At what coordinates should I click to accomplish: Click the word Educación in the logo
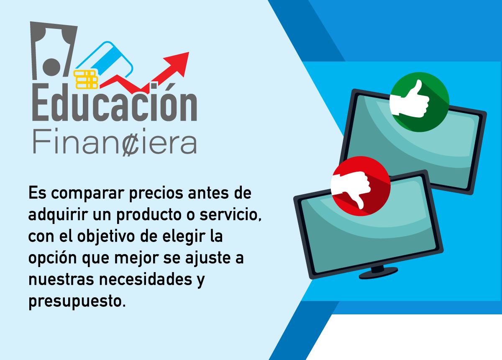click(115, 102)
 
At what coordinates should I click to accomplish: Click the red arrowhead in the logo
click(178, 63)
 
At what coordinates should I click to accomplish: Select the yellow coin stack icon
click(86, 80)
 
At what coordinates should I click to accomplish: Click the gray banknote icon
click(54, 51)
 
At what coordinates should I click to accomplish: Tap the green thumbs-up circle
click(420, 102)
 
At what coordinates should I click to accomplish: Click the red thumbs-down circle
click(361, 186)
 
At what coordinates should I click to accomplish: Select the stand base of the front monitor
click(378, 273)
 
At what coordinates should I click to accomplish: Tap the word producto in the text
click(149, 215)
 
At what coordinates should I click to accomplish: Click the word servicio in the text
click(231, 215)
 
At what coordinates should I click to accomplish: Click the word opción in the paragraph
click(53, 258)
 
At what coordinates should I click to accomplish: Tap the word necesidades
click(146, 279)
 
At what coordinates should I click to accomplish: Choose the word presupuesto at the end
click(77, 301)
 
